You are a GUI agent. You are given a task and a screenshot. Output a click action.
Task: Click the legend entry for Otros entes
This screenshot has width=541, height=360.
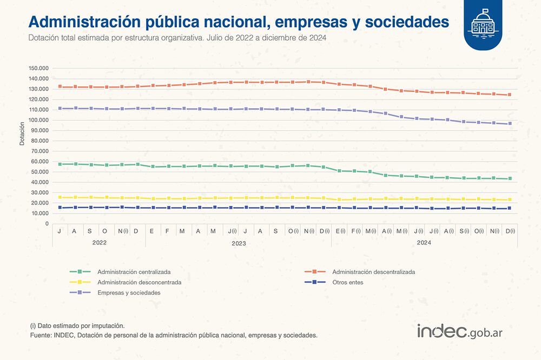[348, 282]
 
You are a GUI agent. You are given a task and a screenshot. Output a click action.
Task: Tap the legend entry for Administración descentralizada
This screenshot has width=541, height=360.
[373, 272]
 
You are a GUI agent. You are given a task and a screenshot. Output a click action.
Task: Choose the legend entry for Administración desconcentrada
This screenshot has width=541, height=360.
[139, 282]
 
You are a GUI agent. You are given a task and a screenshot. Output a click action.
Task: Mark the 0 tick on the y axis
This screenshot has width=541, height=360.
[47, 224]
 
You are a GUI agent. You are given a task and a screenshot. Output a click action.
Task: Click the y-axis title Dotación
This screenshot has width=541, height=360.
[22, 134]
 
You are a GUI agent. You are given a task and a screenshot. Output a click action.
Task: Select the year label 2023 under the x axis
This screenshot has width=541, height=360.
[239, 243]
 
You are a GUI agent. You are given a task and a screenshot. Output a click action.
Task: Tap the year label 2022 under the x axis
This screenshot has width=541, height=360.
[99, 243]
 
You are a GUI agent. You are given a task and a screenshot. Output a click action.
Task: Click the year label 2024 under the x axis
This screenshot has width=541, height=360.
[424, 243]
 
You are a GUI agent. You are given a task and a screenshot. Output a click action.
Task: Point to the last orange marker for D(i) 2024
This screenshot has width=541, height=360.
[509, 95]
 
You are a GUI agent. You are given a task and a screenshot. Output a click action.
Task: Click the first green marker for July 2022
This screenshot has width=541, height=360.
[60, 164]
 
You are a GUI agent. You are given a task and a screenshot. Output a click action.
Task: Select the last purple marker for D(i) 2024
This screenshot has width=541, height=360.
[509, 124]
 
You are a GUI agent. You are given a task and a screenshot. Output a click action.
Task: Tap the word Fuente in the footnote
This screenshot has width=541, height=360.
[41, 335]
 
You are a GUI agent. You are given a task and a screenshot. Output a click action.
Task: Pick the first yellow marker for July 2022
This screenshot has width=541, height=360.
[60, 197]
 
